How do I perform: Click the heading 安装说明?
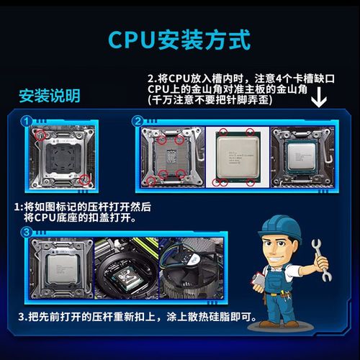tap(49, 96)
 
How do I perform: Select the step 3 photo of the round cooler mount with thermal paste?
tap(127, 272)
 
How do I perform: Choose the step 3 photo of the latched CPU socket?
tap(61, 272)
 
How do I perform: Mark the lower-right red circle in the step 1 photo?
tap(85, 180)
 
